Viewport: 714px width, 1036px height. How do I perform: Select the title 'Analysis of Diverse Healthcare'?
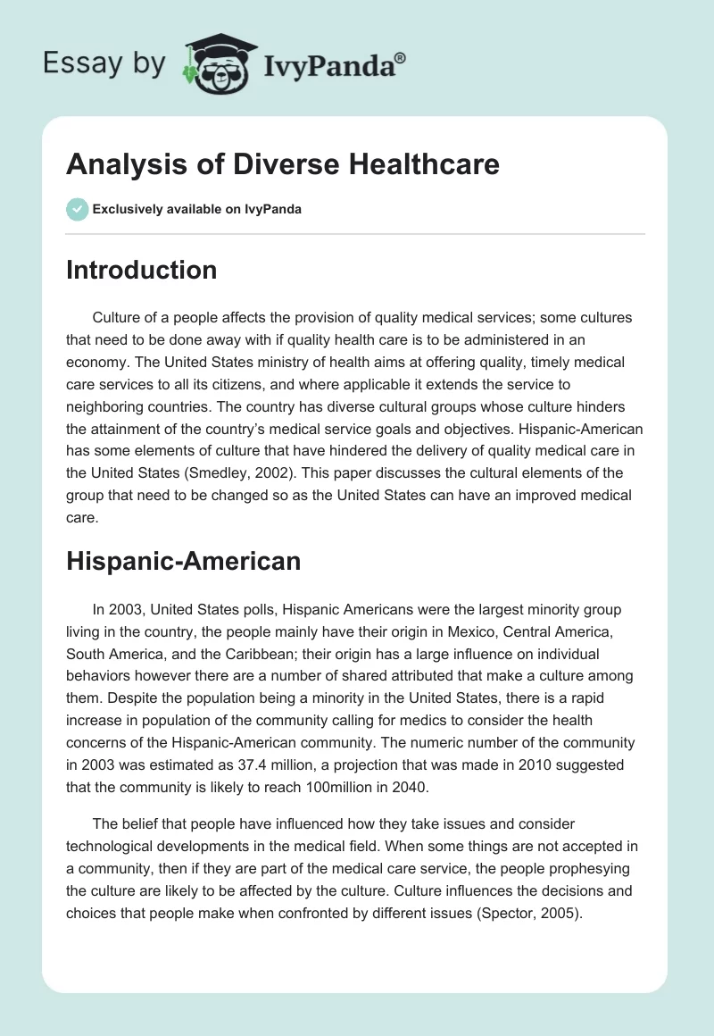pos(282,164)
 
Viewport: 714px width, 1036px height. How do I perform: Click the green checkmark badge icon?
pos(78,209)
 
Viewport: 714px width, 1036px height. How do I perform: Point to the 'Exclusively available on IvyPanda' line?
pos(197,209)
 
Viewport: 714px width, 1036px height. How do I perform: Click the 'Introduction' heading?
pos(141,270)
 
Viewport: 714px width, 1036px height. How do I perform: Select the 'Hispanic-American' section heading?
pos(183,561)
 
